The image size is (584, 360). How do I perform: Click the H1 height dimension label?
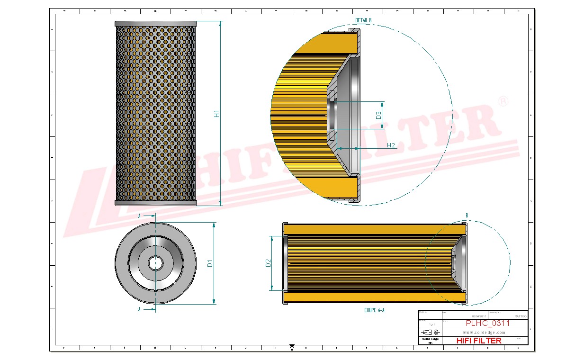217,114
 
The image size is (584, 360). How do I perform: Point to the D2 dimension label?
268,263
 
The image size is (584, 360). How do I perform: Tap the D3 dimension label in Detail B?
378,115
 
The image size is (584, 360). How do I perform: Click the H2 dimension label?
391,145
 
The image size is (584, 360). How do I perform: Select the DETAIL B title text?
363,20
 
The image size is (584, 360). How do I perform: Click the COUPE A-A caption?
374,310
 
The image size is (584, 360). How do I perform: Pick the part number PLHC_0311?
488,324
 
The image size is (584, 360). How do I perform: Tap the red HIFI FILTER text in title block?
478,341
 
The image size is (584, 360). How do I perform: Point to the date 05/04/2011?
479,316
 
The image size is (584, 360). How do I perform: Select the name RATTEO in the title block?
520,316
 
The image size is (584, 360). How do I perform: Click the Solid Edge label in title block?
430,339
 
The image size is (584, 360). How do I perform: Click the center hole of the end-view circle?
155,263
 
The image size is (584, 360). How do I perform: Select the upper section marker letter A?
139,216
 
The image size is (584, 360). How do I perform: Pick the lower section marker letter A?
139,309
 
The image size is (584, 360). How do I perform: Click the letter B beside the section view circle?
467,216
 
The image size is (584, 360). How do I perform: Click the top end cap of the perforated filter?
155,24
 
